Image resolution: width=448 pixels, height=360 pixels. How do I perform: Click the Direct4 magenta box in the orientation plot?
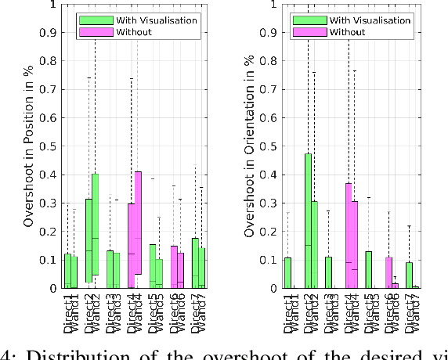(x=349, y=235)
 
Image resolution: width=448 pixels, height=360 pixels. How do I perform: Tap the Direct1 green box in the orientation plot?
(x=287, y=272)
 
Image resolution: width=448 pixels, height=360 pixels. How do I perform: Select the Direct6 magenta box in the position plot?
(x=174, y=267)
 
